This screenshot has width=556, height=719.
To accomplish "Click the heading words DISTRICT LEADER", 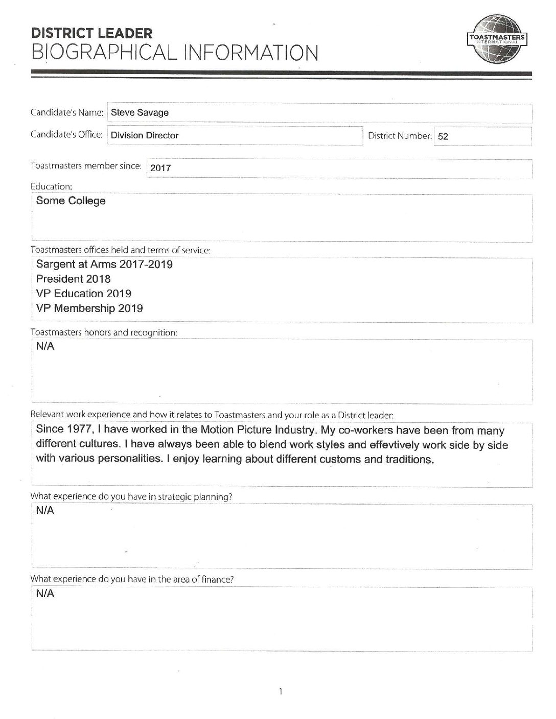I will tap(92, 34).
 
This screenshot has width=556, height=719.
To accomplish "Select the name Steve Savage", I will tap(140, 113).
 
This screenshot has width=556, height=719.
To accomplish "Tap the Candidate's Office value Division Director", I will tap(145, 135).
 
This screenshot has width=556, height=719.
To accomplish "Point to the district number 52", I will tap(443, 137).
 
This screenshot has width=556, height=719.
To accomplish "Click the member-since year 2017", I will tap(161, 167).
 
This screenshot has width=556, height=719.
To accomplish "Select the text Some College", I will tap(71, 201).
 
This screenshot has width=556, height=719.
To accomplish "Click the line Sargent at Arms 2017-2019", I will tap(104, 265).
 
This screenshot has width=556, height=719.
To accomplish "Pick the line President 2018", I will tap(73, 279).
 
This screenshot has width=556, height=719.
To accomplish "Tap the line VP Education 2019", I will tap(83, 294).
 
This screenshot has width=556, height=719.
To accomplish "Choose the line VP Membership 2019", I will tap(89, 308).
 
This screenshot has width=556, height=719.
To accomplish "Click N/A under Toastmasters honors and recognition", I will tap(45, 346).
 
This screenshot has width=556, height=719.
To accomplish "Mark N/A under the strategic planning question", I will tap(45, 511).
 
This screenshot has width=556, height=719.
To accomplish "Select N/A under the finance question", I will tap(45, 593).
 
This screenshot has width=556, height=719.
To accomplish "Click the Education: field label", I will tap(51, 186).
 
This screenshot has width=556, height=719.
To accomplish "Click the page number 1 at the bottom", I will tap(281, 692).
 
